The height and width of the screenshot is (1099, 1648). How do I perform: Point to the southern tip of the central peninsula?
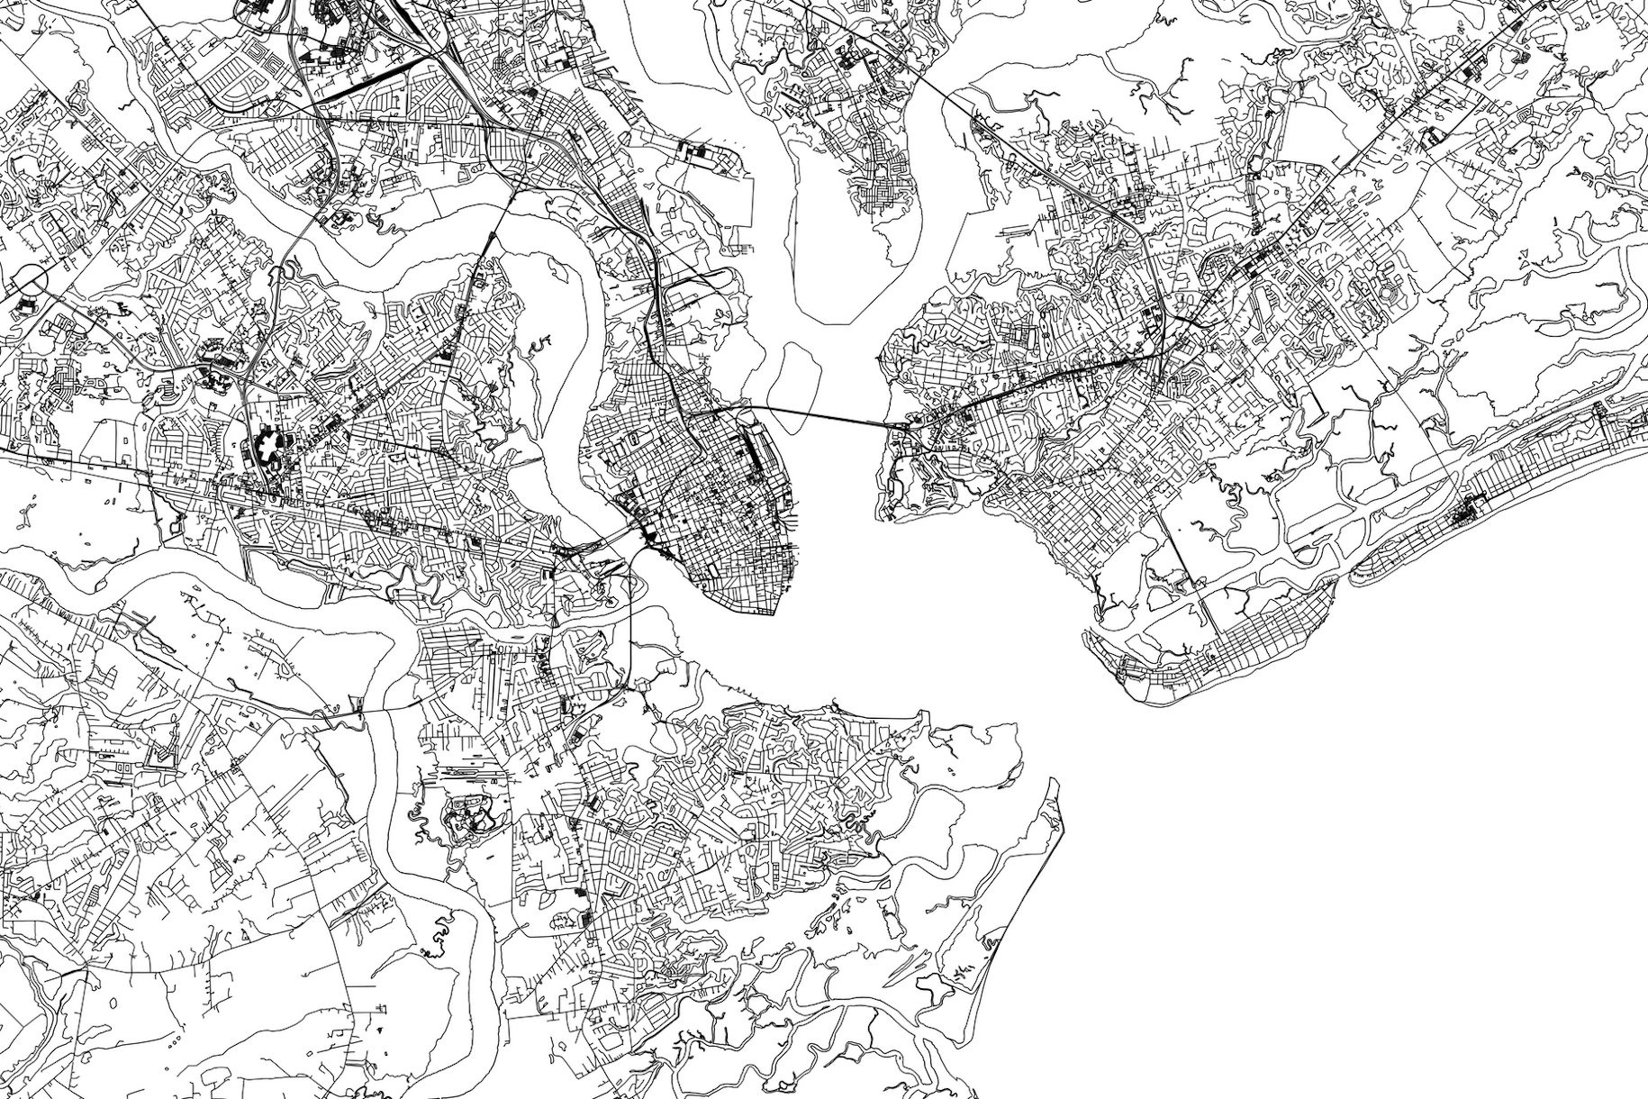coord(770,613)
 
